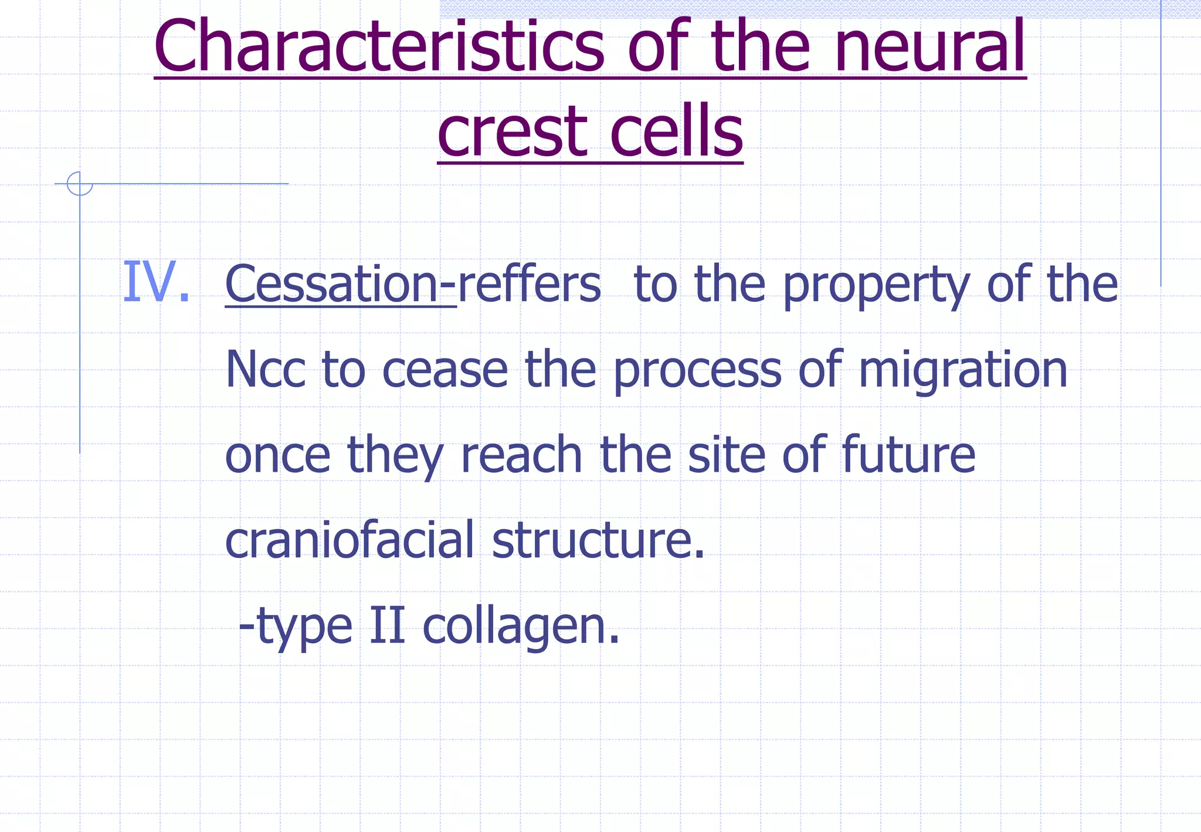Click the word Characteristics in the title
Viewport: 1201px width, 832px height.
379,47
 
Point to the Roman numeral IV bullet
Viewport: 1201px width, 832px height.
155,283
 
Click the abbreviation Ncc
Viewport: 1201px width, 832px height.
265,370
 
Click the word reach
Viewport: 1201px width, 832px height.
521,455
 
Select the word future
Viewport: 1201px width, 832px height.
908,455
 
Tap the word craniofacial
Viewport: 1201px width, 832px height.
350,540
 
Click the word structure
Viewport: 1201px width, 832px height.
598,540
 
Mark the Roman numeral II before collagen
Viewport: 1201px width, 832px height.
388,625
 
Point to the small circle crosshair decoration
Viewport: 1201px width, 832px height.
80,184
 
